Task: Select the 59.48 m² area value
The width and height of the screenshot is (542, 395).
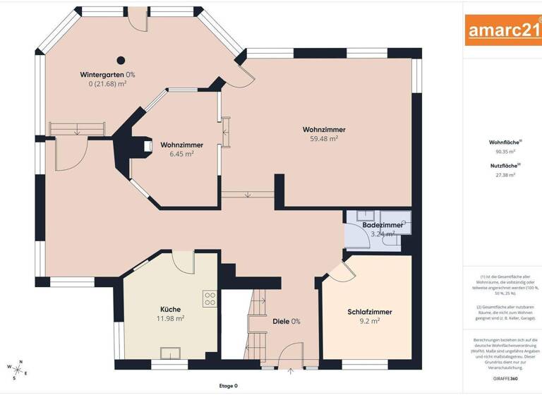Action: click(324, 139)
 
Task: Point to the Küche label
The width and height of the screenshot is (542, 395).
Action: click(170, 309)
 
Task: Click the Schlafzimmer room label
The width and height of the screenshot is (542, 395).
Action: click(369, 312)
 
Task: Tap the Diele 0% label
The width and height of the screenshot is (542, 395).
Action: click(287, 322)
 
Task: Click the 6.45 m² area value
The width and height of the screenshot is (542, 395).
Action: click(181, 154)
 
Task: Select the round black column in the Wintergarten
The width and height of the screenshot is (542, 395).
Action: click(121, 60)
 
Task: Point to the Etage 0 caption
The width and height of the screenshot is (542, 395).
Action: click(228, 386)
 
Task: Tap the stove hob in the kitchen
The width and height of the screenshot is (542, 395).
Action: click(210, 299)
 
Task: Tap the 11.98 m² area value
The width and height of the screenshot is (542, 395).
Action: click(170, 318)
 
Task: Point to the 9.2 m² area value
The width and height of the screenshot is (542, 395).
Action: click(369, 321)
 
